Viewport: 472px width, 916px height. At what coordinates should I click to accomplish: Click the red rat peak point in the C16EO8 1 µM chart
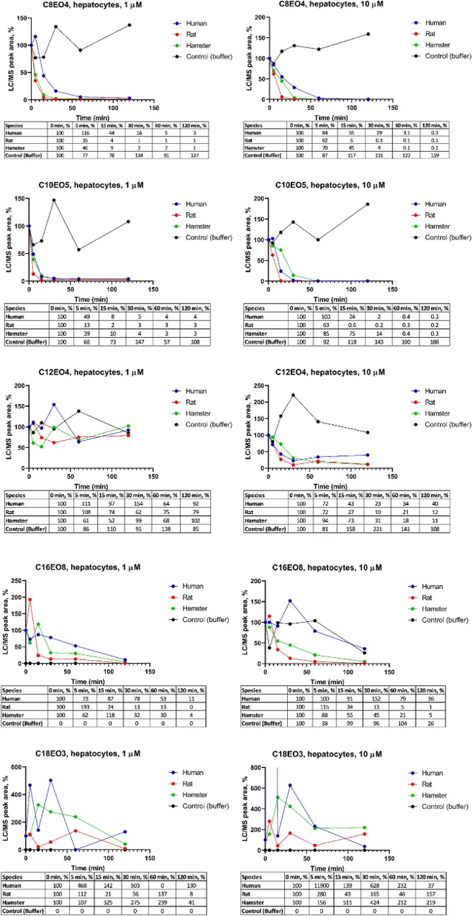coord(30,599)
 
